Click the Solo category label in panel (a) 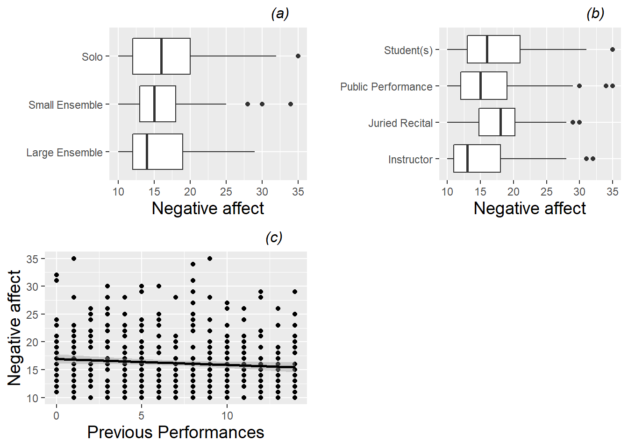[92, 57]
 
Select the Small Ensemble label [65, 105]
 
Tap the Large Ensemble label [64, 153]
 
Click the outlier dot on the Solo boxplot [298, 56]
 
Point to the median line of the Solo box [161, 56]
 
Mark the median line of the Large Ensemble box [147, 152]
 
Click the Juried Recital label [400, 123]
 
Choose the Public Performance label [386, 87]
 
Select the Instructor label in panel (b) [410, 160]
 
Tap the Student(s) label [408, 50]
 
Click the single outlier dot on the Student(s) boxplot [613, 49]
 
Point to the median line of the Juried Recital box [500, 122]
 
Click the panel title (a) [280, 14]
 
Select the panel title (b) [595, 14]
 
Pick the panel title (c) [274, 238]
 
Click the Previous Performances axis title [176, 432]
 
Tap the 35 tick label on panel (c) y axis [33, 259]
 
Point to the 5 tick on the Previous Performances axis [142, 415]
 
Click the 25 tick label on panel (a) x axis [226, 192]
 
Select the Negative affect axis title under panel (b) [529, 208]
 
